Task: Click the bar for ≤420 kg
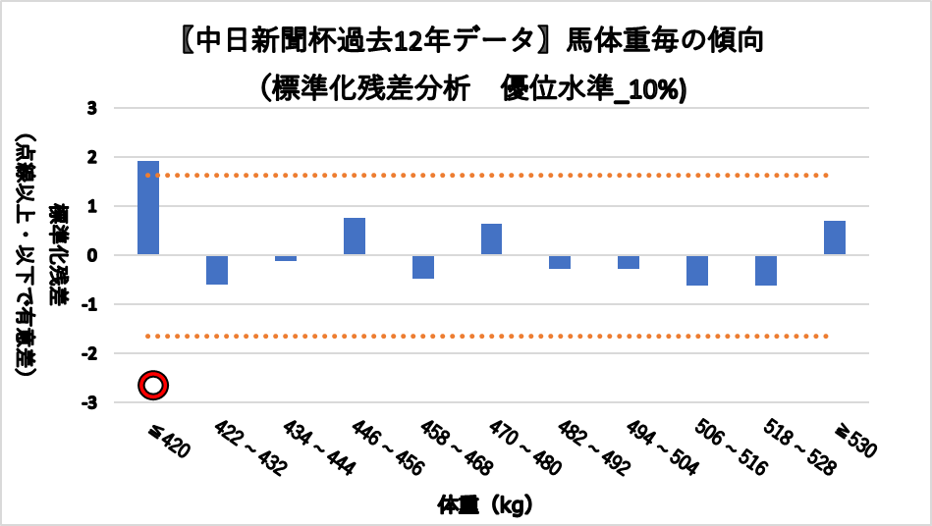pos(148,207)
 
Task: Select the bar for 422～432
pos(217,270)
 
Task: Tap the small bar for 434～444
pos(286,258)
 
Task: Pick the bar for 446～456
pos(355,237)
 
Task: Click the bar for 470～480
pos(492,239)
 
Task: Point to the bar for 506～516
pos(697,270)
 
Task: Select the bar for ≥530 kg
pos(835,237)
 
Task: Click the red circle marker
pos(153,386)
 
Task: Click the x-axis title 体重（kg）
pos(486,506)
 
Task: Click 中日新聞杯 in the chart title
pos(246,42)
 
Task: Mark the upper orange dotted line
pos(491,176)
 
